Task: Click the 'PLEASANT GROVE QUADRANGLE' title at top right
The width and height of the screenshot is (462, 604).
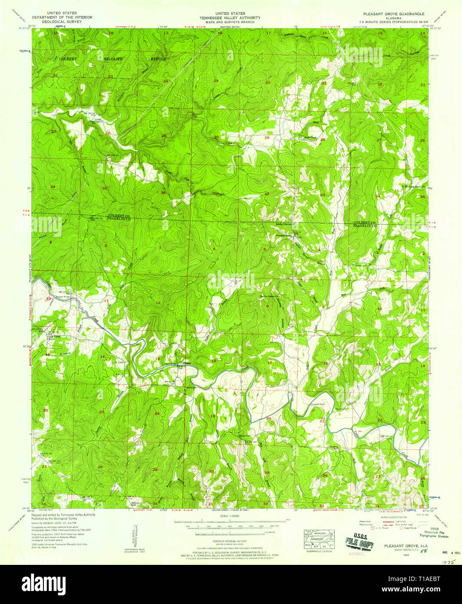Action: click(388, 14)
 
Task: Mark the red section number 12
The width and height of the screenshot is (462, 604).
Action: click(158, 303)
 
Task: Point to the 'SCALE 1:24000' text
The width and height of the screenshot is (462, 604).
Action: click(231, 516)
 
